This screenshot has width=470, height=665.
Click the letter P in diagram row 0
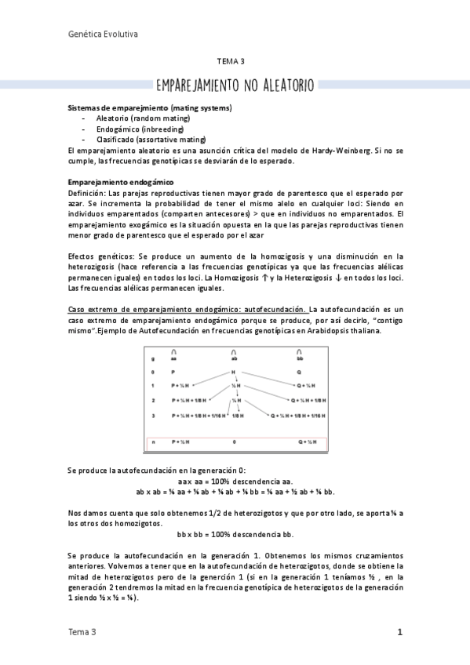pyautogui.click(x=173, y=372)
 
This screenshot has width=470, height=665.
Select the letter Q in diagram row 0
pyautogui.click(x=299, y=372)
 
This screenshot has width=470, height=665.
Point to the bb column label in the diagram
pyautogui.click(x=299, y=358)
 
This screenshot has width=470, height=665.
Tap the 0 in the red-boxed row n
pyautogui.click(x=234, y=442)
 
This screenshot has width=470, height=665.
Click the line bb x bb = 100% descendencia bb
pyautogui.click(x=235, y=534)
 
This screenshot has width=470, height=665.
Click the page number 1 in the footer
pyautogui.click(x=399, y=631)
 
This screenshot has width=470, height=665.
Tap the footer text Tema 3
pyautogui.click(x=82, y=631)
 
